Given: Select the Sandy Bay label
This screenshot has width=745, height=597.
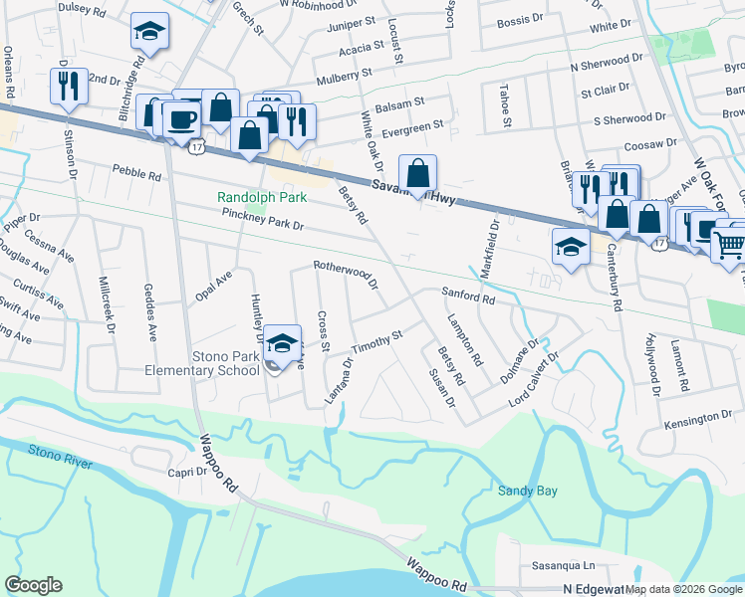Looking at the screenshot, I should coord(528,491).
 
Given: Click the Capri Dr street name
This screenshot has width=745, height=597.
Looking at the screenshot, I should coord(191,473).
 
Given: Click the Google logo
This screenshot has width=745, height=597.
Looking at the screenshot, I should coord(34,585).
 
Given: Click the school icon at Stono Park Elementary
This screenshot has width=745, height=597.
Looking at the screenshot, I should coord(283,343).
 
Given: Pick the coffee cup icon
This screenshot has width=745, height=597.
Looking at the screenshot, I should coord(180,119).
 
